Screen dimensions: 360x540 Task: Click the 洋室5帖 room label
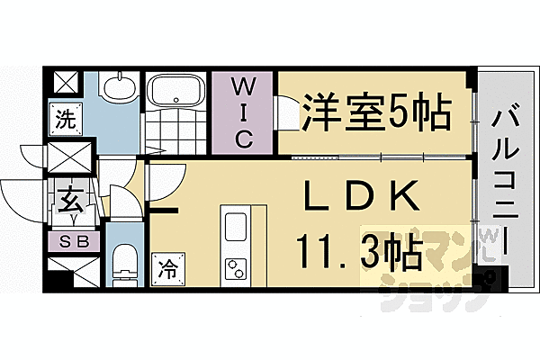tap(376, 112)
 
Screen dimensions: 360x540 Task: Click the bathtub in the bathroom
tap(178, 92)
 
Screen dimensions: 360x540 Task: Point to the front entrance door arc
tap(22, 193)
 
